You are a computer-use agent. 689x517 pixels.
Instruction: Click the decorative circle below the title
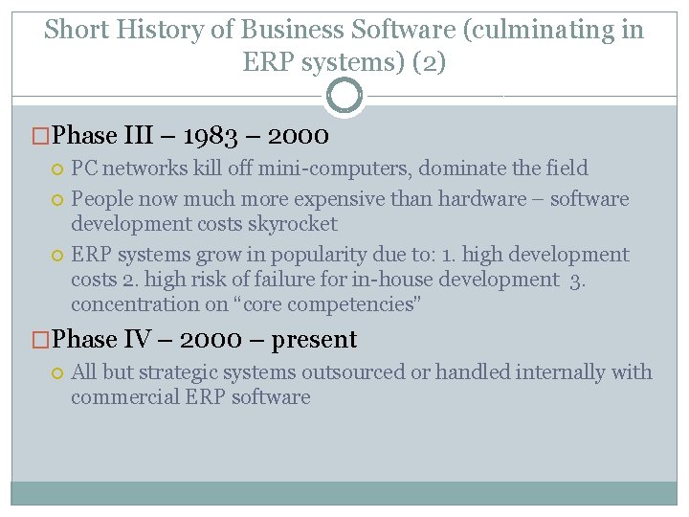point(344,96)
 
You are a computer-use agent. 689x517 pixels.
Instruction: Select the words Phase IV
point(96,340)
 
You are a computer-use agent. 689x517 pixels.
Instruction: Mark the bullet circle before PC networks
point(57,169)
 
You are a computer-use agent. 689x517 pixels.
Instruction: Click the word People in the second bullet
point(100,199)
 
